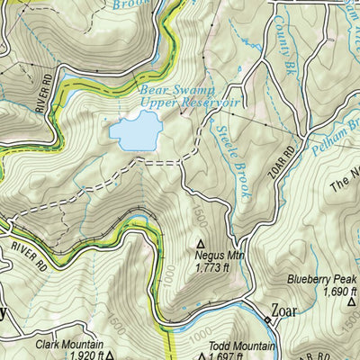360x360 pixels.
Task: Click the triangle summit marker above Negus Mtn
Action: (x=200, y=243)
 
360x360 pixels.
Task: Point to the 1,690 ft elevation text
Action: (x=316, y=292)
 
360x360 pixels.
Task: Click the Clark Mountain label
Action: (x=69, y=345)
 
